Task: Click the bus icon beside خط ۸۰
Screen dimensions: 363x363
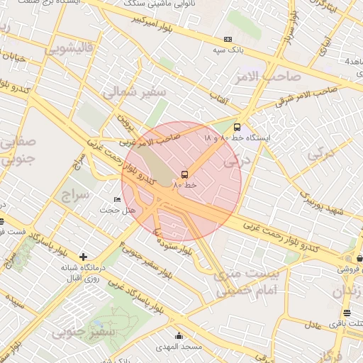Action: pos(185,174)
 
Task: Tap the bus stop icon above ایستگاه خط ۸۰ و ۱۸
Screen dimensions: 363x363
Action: pos(237,128)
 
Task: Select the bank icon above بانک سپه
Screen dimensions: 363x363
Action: pos(228,40)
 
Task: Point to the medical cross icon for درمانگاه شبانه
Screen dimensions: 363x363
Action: pos(84,256)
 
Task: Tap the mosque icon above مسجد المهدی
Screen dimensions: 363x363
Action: pos(178,335)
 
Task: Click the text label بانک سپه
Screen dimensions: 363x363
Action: pos(228,51)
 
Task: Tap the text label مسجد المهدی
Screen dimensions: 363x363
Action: pos(179,347)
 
